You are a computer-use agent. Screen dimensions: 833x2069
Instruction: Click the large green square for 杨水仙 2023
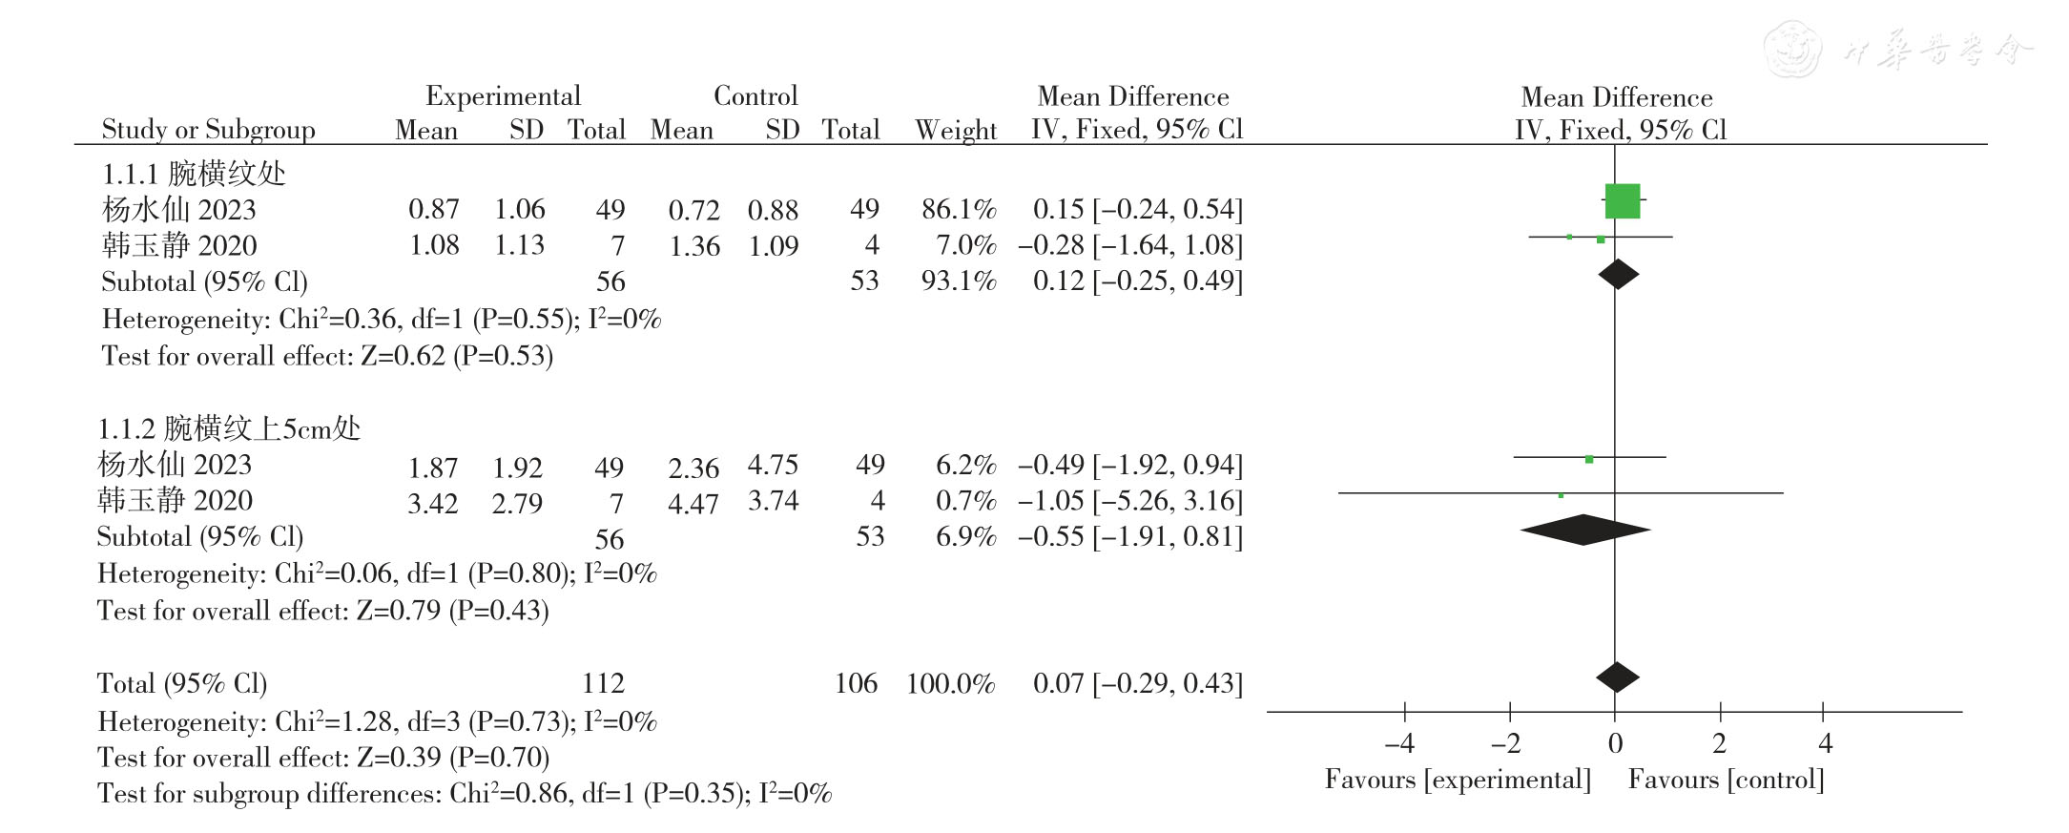tap(1622, 201)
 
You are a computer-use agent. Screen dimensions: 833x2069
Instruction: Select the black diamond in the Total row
tap(1617, 677)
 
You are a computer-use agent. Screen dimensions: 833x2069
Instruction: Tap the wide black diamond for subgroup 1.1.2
tap(1584, 530)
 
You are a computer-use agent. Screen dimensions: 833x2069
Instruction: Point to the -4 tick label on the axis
tap(1399, 743)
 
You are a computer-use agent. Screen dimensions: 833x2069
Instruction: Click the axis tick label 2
tap(1719, 743)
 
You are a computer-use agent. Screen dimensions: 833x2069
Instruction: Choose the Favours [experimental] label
tap(1458, 780)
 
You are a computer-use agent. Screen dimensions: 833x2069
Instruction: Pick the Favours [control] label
tap(1726, 780)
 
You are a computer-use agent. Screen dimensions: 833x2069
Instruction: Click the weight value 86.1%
tap(958, 209)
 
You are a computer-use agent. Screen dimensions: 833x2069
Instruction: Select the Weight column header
tap(956, 130)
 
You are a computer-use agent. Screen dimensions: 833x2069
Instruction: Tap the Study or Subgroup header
tap(208, 130)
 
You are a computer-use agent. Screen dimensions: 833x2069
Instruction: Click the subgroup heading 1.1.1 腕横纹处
tap(194, 174)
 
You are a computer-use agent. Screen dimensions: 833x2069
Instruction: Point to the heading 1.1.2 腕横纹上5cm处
tap(229, 428)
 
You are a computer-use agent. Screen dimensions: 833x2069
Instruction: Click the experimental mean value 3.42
tap(432, 503)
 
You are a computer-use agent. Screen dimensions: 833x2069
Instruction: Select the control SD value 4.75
tap(773, 465)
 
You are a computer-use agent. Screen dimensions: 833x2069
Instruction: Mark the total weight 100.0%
tap(950, 683)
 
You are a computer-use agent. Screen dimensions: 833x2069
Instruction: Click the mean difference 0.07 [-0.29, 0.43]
tap(1137, 683)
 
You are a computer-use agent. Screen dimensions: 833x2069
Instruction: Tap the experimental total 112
tap(603, 683)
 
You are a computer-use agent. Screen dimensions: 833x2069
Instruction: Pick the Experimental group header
tap(503, 96)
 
